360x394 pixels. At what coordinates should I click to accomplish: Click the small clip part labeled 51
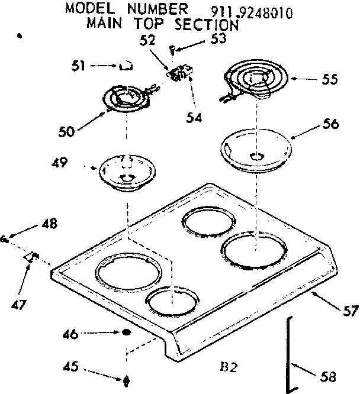pos(124,67)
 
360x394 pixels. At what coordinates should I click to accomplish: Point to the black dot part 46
pos(126,334)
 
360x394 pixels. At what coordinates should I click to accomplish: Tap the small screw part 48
pos(5,239)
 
